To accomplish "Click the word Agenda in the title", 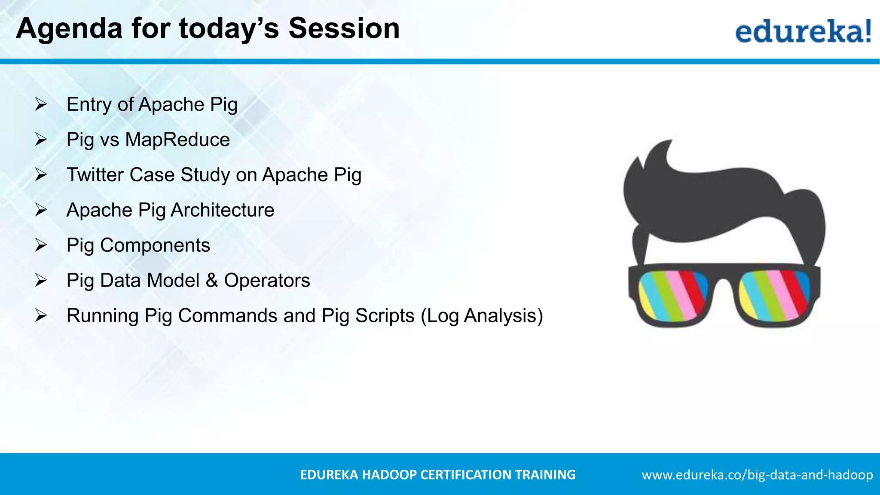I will point(69,29).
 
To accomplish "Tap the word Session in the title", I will point(344,29).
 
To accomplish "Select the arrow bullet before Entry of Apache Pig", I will point(41,104).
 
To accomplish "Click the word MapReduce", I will point(177,140).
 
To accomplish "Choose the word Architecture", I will point(222,210).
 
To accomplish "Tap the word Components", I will point(155,245).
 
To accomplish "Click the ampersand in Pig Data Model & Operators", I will point(211,281).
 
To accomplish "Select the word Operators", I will point(267,281).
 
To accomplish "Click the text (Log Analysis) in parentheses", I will point(482,316).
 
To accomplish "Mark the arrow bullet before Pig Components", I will point(41,245).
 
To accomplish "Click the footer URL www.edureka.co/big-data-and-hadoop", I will point(757,475).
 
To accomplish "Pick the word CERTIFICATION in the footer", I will point(466,475).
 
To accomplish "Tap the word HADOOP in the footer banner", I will point(389,475).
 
